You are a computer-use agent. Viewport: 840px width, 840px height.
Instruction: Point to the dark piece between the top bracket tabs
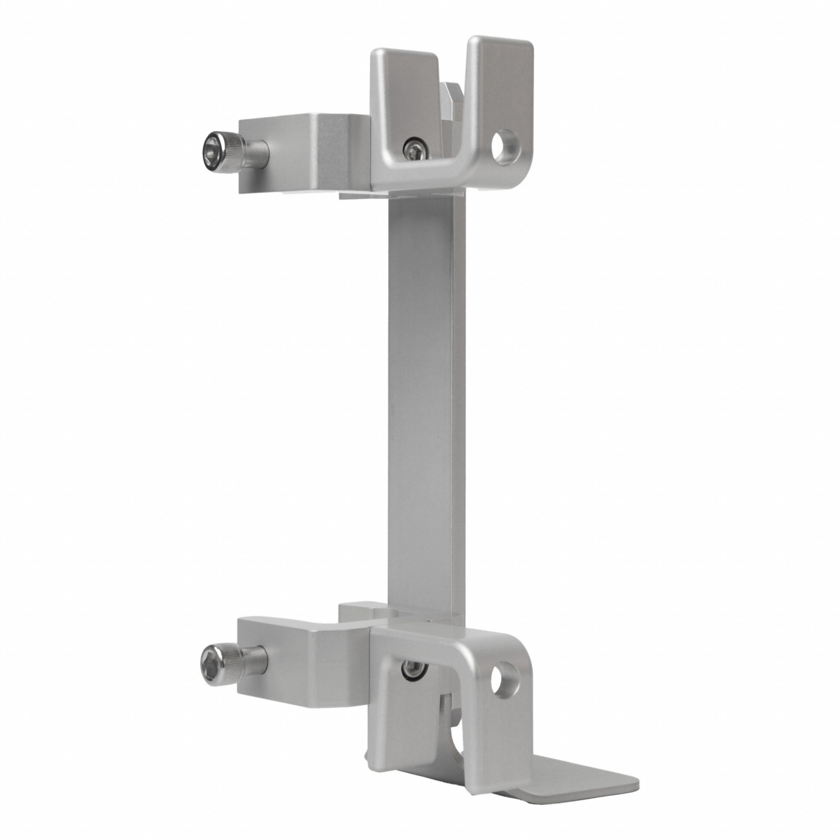pyautogui.click(x=452, y=104)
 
